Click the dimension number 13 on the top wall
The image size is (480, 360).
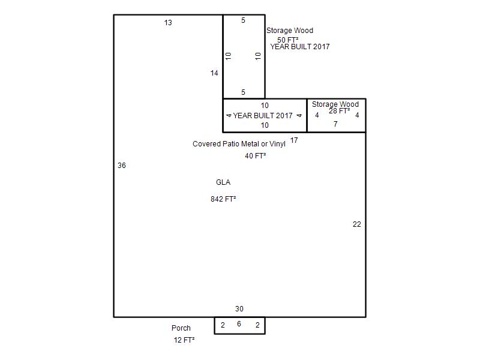click(x=168, y=23)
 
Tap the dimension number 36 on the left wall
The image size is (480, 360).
click(x=122, y=166)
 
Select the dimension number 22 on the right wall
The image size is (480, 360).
click(x=356, y=224)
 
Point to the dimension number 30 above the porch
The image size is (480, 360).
click(x=239, y=308)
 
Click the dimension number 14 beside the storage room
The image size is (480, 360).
click(x=214, y=73)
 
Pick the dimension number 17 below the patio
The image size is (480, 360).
click(x=294, y=140)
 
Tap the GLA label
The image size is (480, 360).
click(x=223, y=182)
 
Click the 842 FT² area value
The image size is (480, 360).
click(x=223, y=199)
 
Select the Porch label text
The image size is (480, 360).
click(x=181, y=328)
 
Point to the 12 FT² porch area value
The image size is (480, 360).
click(x=184, y=340)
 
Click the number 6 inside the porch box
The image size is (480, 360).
click(x=239, y=324)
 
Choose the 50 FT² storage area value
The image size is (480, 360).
click(x=288, y=40)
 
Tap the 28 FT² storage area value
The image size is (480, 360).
click(x=339, y=111)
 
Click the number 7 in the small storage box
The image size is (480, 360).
click(x=335, y=124)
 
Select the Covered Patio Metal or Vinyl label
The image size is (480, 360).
click(x=239, y=144)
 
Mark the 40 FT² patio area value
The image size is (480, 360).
click(x=256, y=156)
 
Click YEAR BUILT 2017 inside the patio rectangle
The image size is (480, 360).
click(x=263, y=115)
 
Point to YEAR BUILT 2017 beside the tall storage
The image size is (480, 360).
click(x=299, y=47)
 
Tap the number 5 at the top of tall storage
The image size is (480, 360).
click(x=243, y=20)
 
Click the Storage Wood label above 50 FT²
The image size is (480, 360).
click(x=290, y=31)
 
